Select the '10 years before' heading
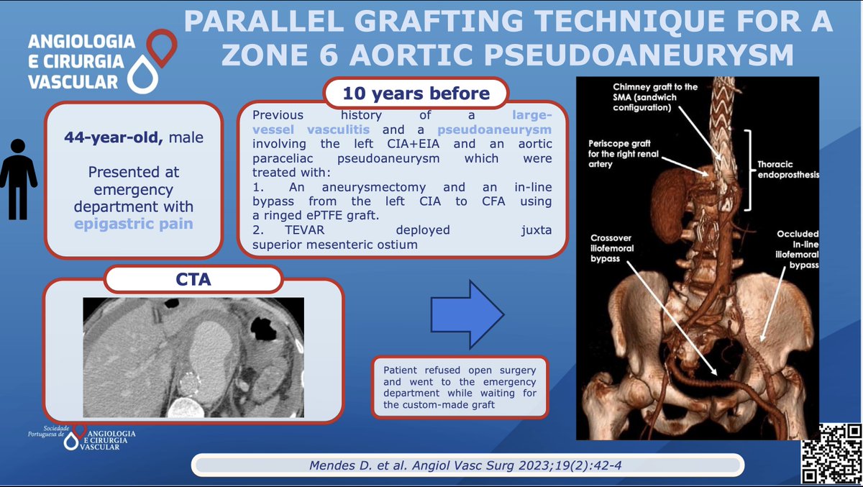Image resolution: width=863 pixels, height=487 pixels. (x=416, y=94)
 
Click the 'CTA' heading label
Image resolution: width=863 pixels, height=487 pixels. (x=193, y=280)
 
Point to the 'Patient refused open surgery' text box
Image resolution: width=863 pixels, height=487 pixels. (x=460, y=386)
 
